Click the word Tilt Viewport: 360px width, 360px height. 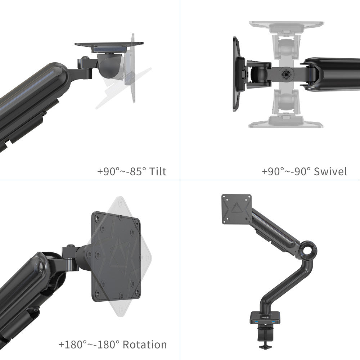click(x=158, y=171)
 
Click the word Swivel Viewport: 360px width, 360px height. click(x=330, y=171)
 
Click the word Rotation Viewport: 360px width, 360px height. click(x=145, y=345)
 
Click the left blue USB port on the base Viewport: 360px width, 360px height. click(x=256, y=321)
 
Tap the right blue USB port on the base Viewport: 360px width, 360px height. click(x=273, y=321)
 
